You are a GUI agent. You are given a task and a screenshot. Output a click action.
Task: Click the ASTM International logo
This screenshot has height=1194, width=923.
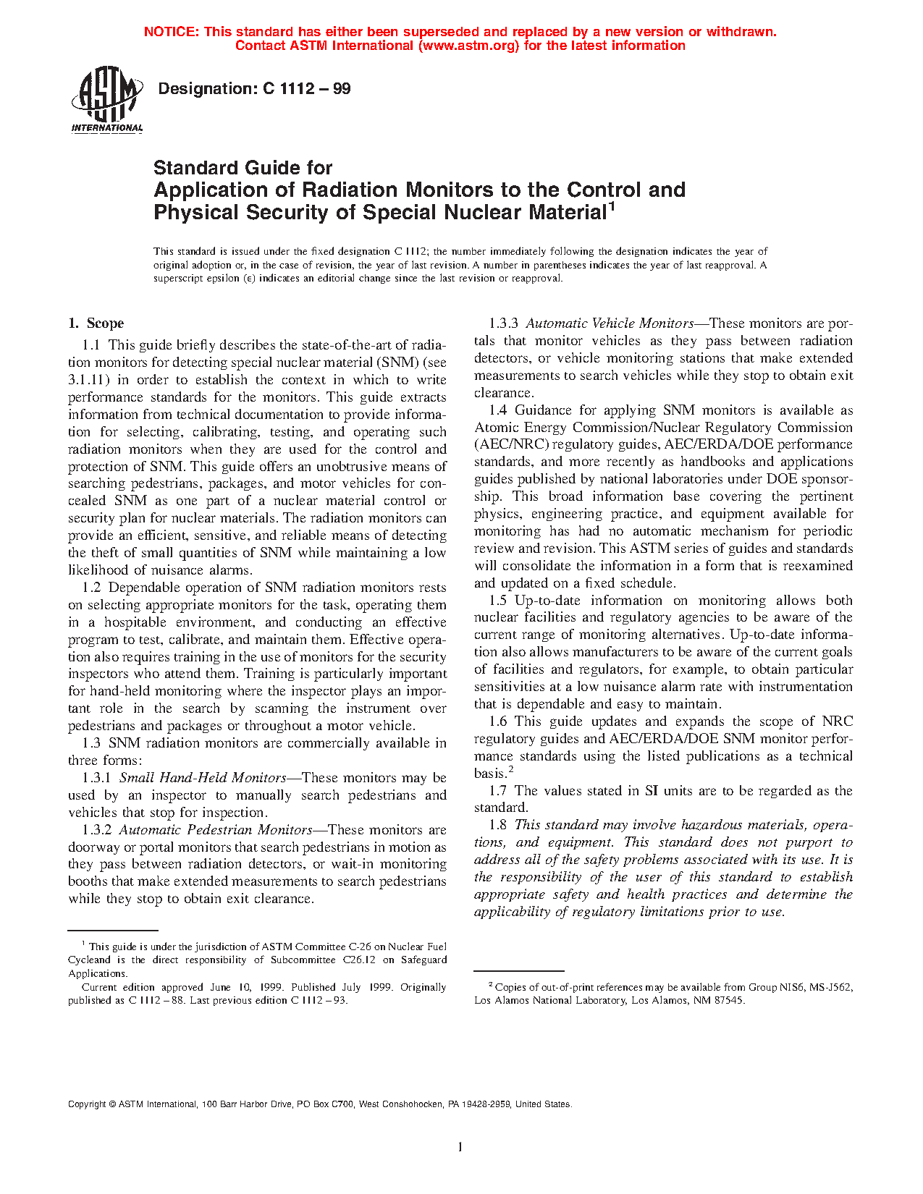[106, 99]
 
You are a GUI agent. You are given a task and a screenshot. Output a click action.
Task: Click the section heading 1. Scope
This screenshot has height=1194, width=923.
[96, 323]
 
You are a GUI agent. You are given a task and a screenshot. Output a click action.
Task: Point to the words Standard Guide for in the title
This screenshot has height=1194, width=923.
[243, 168]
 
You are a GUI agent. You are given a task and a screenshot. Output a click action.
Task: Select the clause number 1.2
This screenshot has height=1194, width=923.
[91, 588]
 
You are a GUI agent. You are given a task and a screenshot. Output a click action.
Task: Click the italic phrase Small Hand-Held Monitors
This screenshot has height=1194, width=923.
[203, 778]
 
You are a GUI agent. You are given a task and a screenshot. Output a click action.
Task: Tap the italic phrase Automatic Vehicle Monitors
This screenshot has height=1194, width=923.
[610, 323]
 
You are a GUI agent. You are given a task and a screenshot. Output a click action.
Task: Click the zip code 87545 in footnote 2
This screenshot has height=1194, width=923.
[730, 1001]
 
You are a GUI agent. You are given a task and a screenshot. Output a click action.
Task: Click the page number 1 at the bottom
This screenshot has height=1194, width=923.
[460, 1146]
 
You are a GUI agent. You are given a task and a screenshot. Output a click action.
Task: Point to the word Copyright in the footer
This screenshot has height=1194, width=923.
[87, 1104]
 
